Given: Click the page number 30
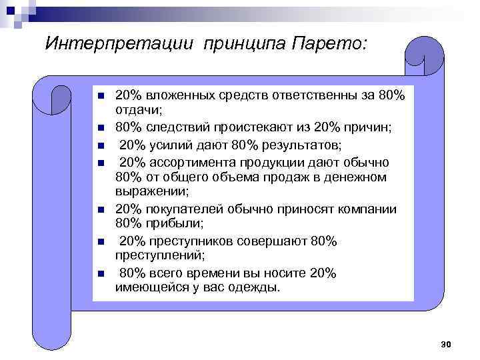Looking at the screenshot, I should [x=446, y=344].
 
